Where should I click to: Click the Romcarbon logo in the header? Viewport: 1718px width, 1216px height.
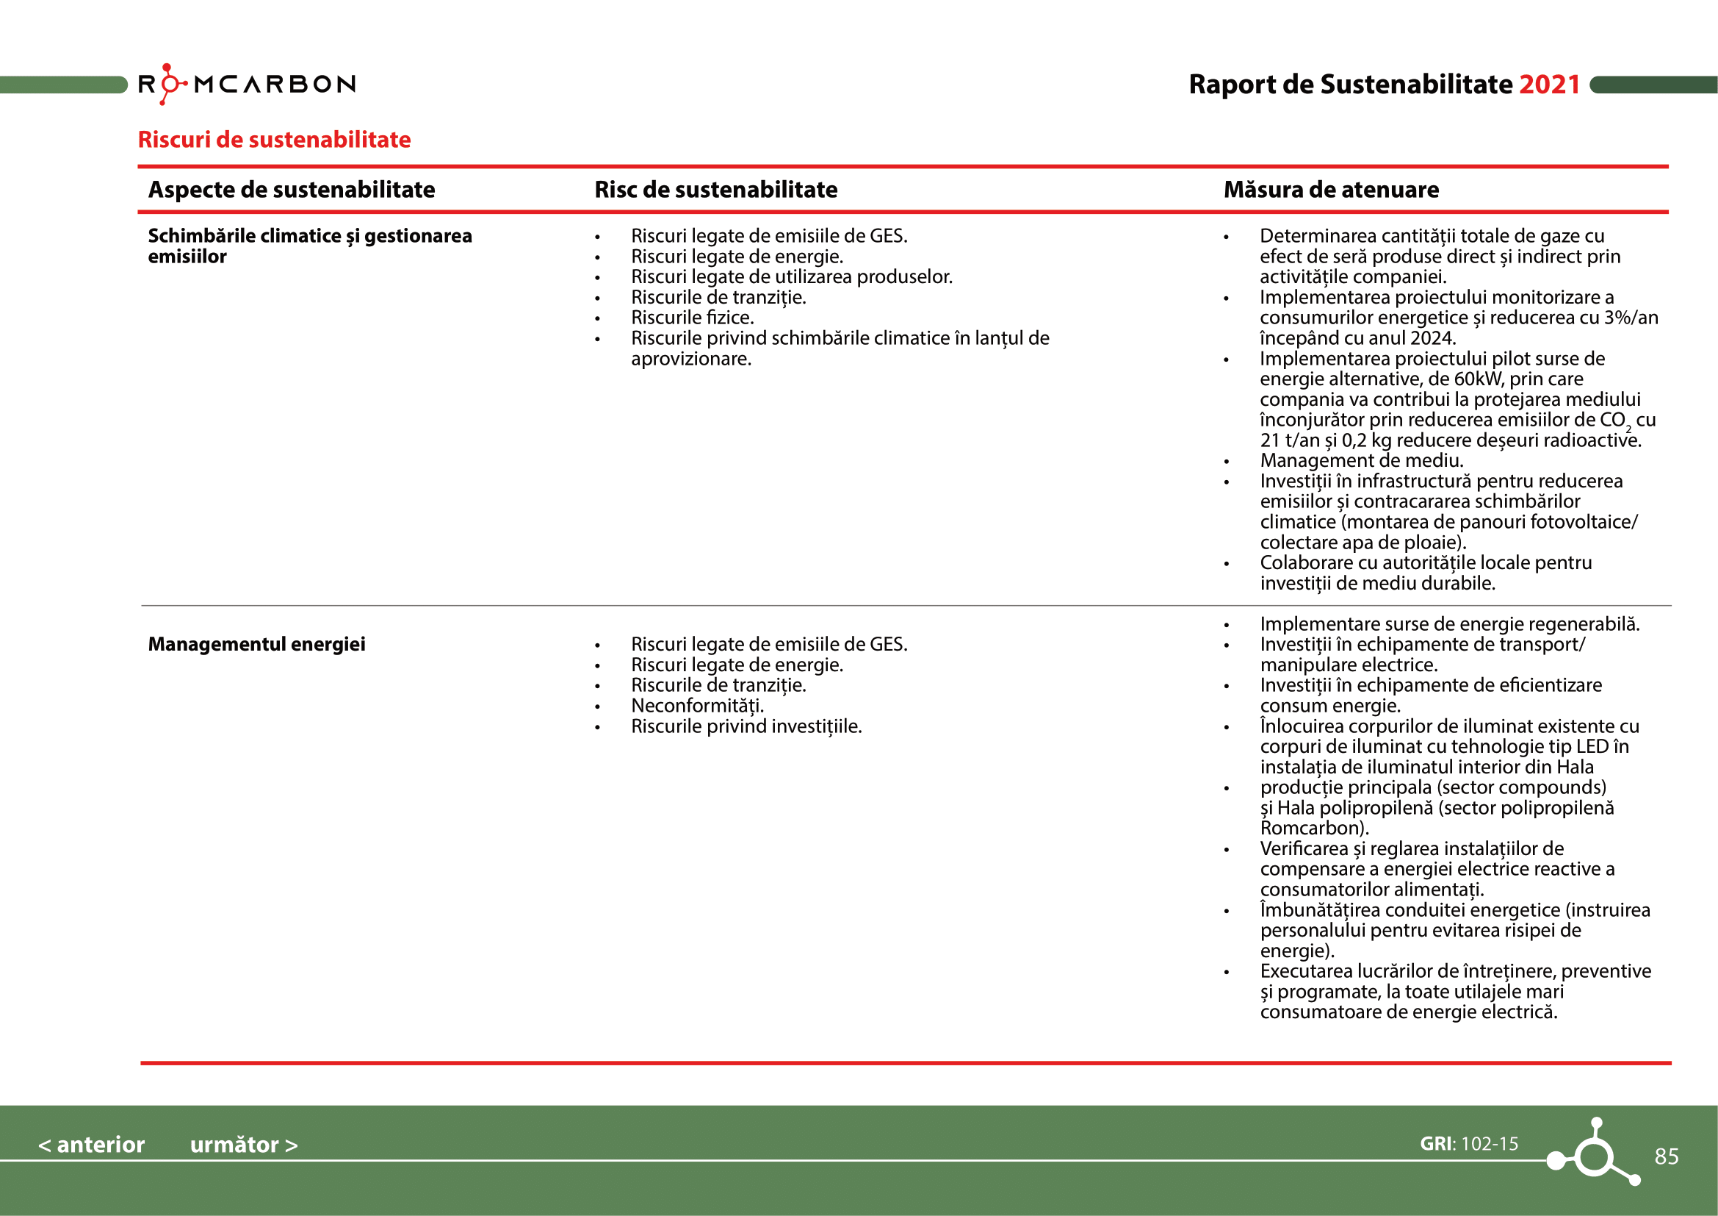click(247, 84)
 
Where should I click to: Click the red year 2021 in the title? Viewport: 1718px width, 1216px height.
click(1549, 85)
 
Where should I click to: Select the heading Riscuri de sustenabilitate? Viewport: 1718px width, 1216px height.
click(274, 139)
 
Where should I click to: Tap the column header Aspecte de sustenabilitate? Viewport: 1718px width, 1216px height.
click(291, 190)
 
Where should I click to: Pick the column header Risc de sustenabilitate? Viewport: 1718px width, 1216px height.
click(715, 190)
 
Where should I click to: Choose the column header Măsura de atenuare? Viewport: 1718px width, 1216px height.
click(1330, 190)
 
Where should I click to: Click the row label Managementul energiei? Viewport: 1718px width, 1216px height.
click(256, 644)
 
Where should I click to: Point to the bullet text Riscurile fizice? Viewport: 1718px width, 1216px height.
click(692, 318)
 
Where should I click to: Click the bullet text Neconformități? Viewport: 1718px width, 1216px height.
click(697, 705)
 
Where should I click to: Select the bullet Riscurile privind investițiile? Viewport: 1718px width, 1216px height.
click(746, 726)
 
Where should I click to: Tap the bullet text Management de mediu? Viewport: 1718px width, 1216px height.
click(1361, 460)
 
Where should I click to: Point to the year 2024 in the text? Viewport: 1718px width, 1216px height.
click(1432, 338)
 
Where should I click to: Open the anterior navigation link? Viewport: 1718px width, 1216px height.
click(91, 1144)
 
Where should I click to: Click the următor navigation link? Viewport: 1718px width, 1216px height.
click(243, 1144)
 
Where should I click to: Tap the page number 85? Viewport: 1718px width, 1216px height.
click(1666, 1156)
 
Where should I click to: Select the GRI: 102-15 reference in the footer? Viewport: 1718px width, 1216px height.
click(1469, 1143)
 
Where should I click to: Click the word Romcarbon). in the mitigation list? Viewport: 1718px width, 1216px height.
click(1314, 828)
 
